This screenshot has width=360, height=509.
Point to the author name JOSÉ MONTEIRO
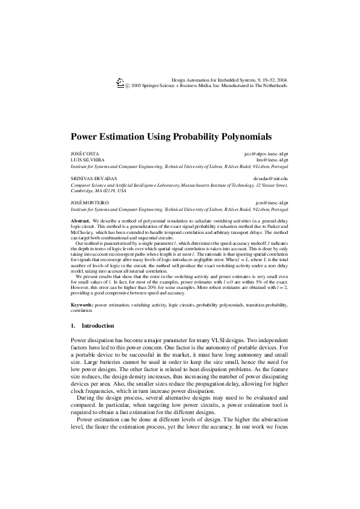88,203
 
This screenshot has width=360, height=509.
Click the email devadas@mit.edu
270,179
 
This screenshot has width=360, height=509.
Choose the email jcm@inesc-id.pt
272,203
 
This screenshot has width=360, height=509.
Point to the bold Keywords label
82,306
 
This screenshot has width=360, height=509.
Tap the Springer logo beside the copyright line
119,83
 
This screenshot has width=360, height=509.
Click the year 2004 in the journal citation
281,79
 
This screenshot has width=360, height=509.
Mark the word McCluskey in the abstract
85,232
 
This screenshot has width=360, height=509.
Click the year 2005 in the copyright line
137,85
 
